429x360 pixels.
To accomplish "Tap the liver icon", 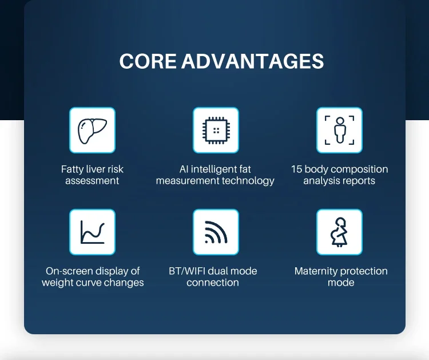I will [92, 130].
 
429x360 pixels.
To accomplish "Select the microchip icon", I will [216, 130].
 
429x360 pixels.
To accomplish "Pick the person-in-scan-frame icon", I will [339, 130].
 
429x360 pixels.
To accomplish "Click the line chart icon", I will [92, 232].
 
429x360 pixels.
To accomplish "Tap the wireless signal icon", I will [216, 232].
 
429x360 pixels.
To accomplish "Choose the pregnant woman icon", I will [339, 232].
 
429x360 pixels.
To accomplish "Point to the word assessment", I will [92, 181].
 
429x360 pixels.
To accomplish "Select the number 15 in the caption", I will [296, 169].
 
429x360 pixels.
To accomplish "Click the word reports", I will [358, 181].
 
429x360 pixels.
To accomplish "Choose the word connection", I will [213, 283].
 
